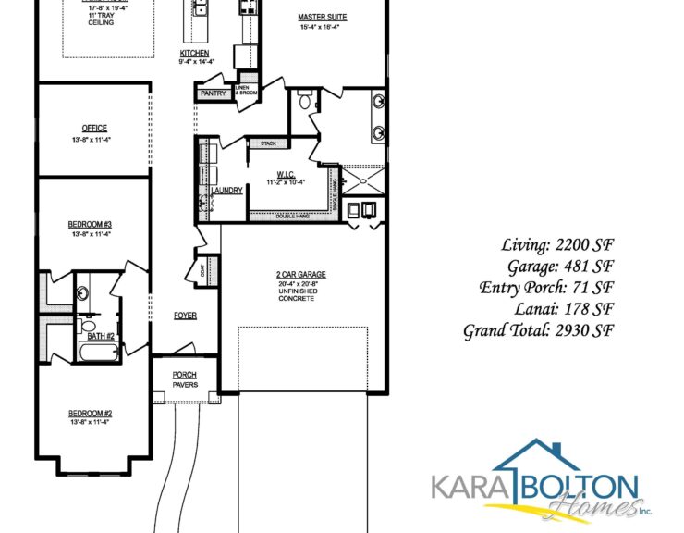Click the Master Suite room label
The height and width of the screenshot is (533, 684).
click(x=322, y=18)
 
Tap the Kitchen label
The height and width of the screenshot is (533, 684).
click(x=194, y=54)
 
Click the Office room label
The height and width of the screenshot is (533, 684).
click(x=93, y=129)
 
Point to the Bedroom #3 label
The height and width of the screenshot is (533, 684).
click(x=91, y=225)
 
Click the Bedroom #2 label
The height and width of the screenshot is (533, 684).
click(x=91, y=413)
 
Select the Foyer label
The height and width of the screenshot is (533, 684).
click(x=185, y=316)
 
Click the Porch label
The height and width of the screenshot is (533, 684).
click(x=185, y=375)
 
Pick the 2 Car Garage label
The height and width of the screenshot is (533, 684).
click(x=301, y=275)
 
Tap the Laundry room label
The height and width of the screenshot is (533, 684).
click(x=227, y=191)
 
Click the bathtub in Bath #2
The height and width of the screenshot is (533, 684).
click(x=93, y=353)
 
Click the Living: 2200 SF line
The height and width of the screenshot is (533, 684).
click(x=557, y=245)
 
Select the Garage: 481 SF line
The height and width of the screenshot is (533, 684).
click(x=557, y=266)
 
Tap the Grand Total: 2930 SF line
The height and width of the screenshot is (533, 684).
click(x=539, y=330)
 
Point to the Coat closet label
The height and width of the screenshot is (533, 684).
click(x=202, y=270)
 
